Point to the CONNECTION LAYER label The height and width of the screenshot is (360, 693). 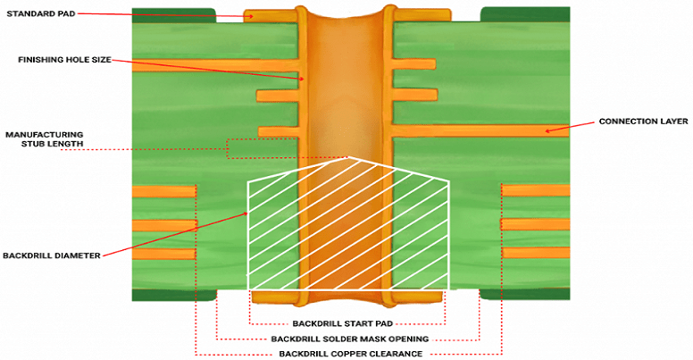click(x=643, y=121)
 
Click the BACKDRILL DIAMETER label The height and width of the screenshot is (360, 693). click(x=52, y=255)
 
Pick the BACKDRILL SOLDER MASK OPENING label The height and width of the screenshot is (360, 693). click(x=348, y=339)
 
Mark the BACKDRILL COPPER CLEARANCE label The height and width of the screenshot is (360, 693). click(x=348, y=354)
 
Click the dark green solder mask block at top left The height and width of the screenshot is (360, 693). click(x=173, y=14)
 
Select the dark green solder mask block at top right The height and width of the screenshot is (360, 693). click(x=524, y=14)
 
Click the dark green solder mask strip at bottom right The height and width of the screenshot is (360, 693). click(x=524, y=295)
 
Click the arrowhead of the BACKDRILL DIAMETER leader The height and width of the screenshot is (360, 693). click(x=246, y=213)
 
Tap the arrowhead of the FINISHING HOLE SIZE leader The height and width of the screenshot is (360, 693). click(x=303, y=79)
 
